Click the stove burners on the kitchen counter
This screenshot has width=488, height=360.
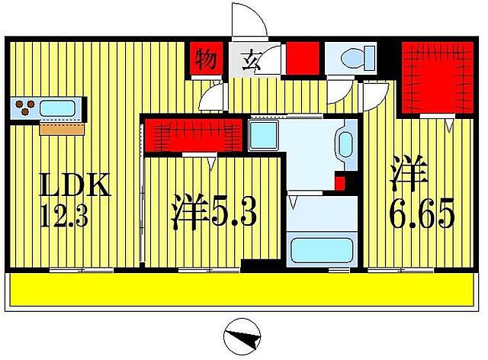pos(24,108)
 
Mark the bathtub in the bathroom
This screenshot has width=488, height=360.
pos(319,249)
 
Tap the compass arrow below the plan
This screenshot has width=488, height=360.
pos(244,336)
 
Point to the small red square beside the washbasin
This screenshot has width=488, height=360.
pos(340,183)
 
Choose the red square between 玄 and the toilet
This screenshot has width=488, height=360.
pos(302,58)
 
